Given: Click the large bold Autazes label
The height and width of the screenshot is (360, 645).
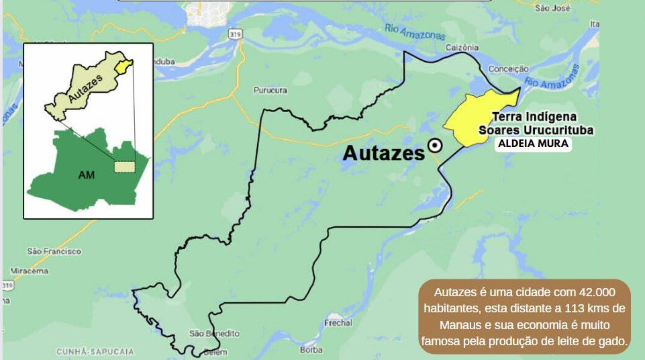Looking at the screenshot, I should coord(383,153).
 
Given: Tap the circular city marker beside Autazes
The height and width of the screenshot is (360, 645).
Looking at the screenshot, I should coord(435,145).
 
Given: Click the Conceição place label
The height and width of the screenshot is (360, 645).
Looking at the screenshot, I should coord(509,69).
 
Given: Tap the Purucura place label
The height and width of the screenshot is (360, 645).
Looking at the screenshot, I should coord(270,90).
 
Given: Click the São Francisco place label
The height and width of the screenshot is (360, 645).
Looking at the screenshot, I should coord(54,251).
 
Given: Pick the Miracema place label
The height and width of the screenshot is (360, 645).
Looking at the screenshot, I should coord(30,271).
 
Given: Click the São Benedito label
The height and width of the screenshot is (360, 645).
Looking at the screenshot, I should coord(214,333).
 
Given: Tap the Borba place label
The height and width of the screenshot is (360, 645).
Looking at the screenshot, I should coord(311,349).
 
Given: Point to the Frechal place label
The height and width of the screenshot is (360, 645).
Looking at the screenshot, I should coord(338,323).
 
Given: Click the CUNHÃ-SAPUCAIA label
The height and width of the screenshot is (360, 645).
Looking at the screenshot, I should coord(95,351).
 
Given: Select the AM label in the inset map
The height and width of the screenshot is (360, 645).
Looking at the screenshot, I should coord(86,175).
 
